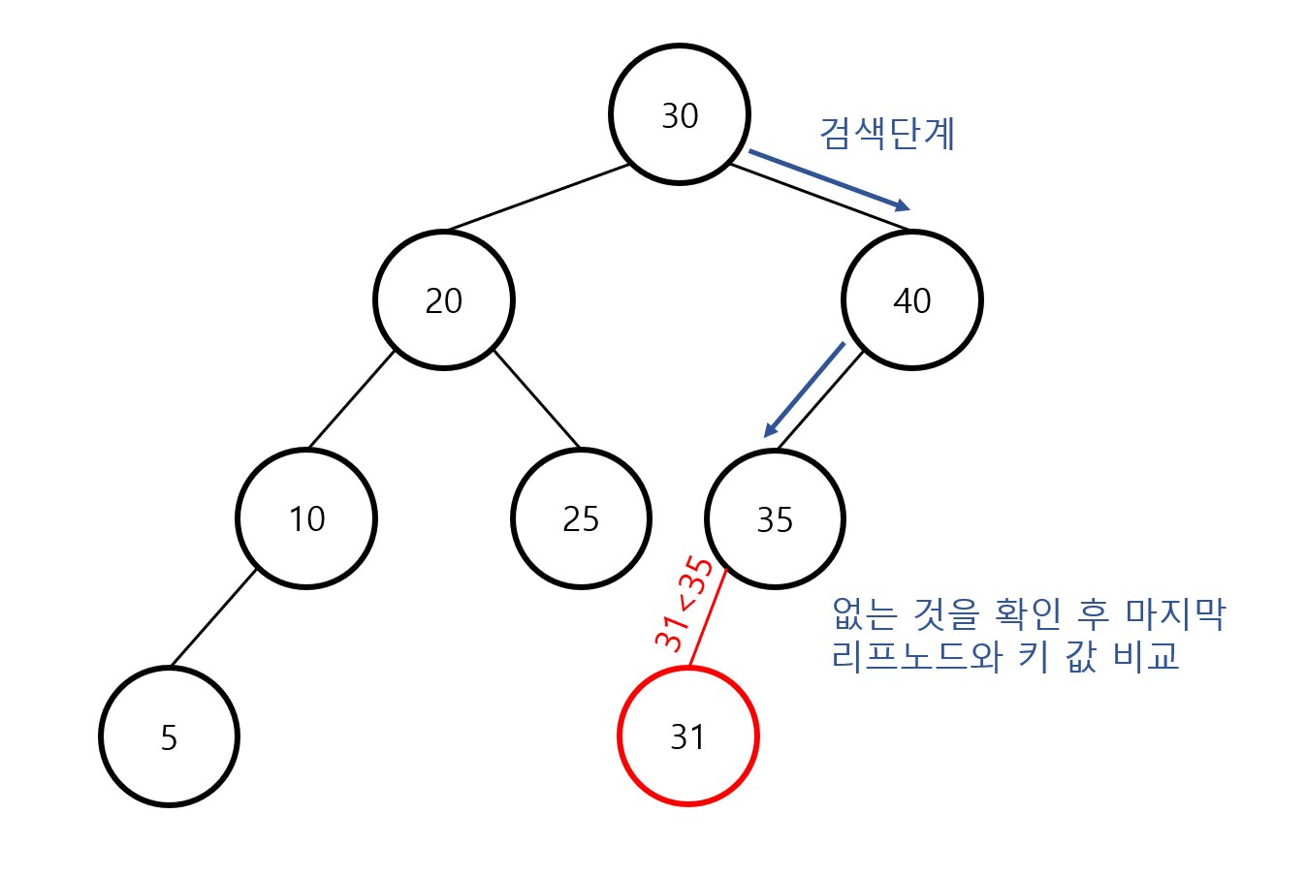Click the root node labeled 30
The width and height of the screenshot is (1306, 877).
tap(679, 114)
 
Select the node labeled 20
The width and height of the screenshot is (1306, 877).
tap(443, 300)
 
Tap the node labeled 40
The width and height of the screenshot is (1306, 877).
tap(911, 300)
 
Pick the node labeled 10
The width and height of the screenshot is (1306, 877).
tap(306, 518)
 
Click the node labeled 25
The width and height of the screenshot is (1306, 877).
tap(581, 518)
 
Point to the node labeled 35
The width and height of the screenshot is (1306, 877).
tap(775, 518)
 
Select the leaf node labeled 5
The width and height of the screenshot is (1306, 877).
tap(169, 736)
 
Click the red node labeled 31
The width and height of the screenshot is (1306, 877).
tap(687, 736)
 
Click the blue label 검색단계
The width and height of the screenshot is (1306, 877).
tap(887, 133)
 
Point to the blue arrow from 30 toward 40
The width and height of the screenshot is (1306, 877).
tap(829, 179)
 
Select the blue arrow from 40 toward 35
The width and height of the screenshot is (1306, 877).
tap(805, 390)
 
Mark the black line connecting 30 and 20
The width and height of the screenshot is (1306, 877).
tap(538, 198)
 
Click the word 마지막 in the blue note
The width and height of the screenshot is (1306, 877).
tap(1175, 613)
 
